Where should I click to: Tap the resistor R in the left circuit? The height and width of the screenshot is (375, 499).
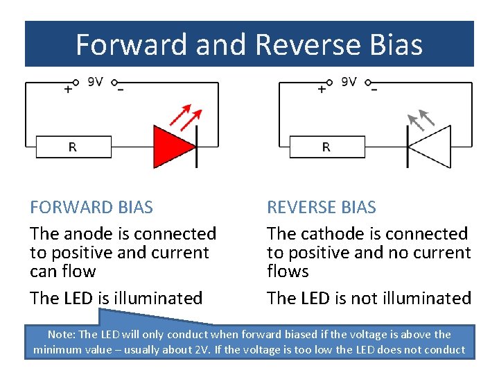tap(73, 147)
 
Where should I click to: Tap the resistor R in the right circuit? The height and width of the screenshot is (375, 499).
tap(326, 147)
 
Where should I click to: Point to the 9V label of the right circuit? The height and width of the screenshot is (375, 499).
tap(349, 82)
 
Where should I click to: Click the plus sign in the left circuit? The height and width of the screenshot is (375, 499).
tap(68, 90)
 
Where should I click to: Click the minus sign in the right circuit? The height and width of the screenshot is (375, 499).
tap(374, 90)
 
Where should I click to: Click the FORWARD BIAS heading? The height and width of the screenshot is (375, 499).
tap(91, 207)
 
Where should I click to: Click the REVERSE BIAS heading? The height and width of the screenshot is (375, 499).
tap(322, 207)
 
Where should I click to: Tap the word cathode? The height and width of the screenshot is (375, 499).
tap(325, 234)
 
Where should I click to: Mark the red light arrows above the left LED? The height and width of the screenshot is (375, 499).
tap(186, 116)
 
